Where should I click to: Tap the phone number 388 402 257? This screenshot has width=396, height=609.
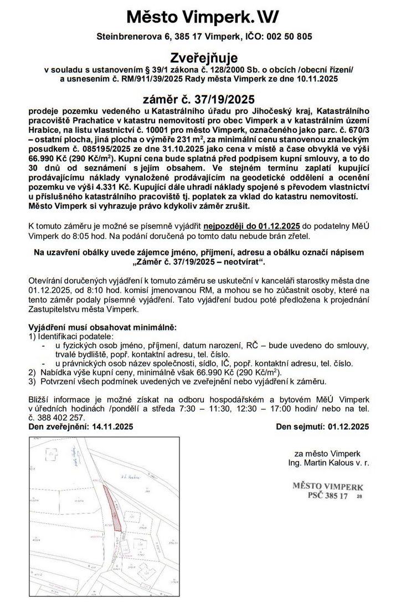click(63, 417)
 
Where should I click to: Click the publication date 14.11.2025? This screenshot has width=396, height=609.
click(109, 426)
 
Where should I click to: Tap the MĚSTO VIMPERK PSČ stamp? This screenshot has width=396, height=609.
click(327, 491)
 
